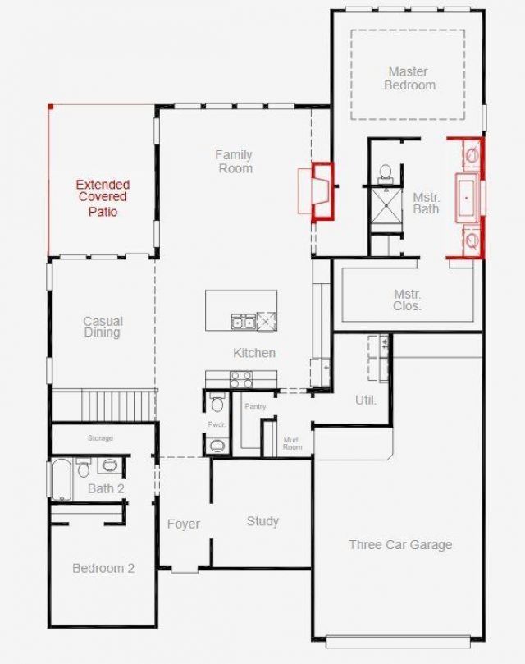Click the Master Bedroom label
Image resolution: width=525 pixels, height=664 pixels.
409,78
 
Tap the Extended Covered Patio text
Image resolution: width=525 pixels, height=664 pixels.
103,198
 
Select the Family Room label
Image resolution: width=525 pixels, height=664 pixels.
234,162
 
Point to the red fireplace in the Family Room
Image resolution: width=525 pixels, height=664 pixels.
322,191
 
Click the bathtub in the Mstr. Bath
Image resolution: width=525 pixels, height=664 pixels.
468,198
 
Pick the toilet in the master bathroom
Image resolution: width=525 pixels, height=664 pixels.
386,174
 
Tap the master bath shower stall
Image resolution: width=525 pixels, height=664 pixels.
386,206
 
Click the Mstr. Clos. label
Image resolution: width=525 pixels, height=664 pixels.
407,300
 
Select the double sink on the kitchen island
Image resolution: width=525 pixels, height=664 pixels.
244,322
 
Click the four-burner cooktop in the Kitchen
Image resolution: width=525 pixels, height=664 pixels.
241,379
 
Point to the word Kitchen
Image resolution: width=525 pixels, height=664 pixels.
254,353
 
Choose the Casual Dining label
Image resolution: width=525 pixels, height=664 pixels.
103,327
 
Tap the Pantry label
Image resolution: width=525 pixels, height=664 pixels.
255,406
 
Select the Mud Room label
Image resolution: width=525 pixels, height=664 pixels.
293,443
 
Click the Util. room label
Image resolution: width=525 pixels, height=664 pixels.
366,401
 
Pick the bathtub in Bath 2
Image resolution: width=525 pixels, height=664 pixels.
62,480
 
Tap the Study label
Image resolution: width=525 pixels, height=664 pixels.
262,521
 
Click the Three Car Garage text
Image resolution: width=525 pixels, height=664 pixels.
400,545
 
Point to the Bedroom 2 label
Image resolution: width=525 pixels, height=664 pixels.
103,568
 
